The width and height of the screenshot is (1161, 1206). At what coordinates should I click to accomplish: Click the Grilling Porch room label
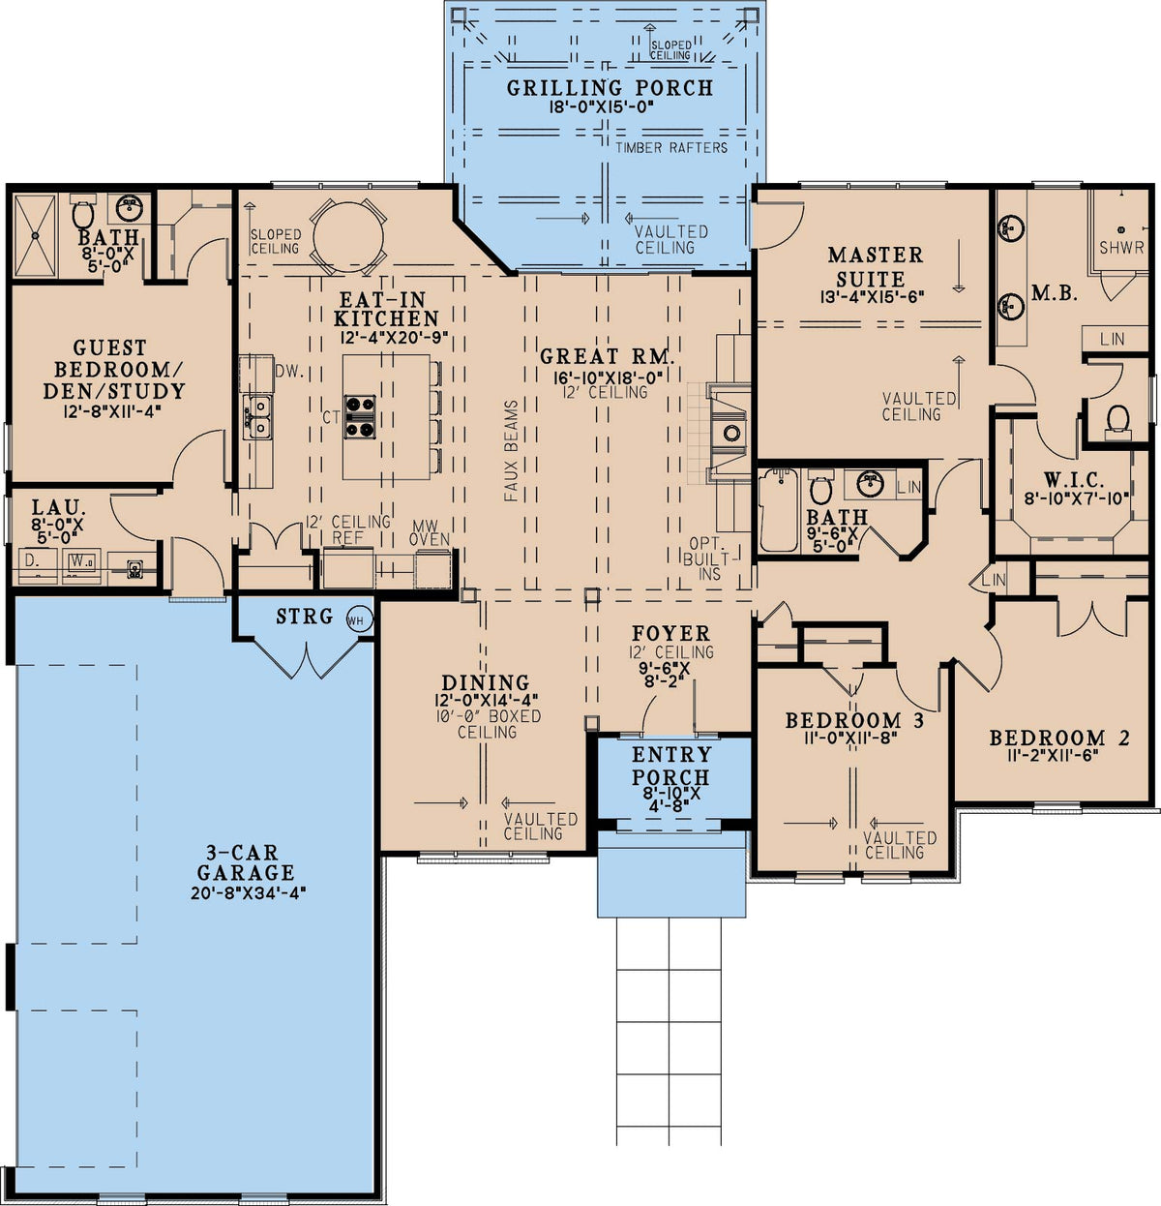(610, 88)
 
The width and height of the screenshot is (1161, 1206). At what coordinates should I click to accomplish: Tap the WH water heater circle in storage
(358, 620)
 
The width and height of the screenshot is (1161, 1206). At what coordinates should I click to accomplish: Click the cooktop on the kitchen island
(360, 417)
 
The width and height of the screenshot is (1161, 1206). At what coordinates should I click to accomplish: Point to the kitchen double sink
(257, 417)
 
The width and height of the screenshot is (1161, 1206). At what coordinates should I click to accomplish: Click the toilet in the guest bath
(82, 212)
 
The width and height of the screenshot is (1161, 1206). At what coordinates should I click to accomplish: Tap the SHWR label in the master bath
(1121, 248)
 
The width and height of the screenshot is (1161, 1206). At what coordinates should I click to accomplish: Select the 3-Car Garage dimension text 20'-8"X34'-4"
(249, 893)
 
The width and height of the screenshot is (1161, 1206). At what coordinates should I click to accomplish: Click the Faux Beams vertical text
(511, 451)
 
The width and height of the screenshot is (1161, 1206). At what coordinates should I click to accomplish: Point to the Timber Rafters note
(671, 147)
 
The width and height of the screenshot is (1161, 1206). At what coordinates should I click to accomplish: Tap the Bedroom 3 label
(854, 721)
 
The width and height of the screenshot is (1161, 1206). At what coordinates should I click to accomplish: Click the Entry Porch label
(671, 766)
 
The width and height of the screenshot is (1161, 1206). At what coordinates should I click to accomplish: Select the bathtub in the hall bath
(778, 510)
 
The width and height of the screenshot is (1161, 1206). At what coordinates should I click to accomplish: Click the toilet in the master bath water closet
(1117, 419)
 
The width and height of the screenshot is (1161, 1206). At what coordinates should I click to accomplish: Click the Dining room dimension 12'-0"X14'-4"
(486, 700)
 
